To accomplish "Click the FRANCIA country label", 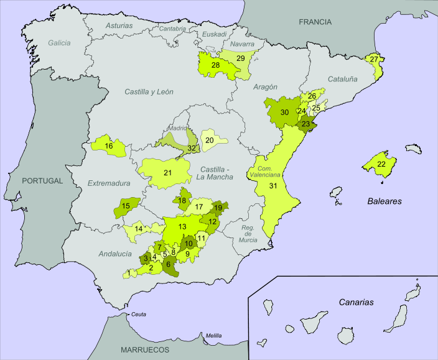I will (x=315, y=22).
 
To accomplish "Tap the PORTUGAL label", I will (x=42, y=181).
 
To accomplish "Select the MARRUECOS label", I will (x=146, y=350).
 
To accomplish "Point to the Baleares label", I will (x=383, y=201).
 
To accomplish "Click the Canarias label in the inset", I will (x=356, y=302).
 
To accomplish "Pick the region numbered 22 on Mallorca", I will (x=381, y=165).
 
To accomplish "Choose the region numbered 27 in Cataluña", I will (x=373, y=60).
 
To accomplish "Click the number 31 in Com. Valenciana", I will (x=273, y=185).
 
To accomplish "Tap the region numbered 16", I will (x=109, y=146).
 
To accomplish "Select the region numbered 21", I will (x=167, y=172).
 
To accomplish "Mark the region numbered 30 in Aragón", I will (x=284, y=113).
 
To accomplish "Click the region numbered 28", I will (x=215, y=65).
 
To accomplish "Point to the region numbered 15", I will (x=126, y=206).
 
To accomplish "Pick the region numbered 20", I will (x=210, y=141).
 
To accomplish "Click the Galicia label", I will (x=59, y=43).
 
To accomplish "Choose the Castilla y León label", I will (x=149, y=91).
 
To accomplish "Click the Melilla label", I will (x=214, y=335).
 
